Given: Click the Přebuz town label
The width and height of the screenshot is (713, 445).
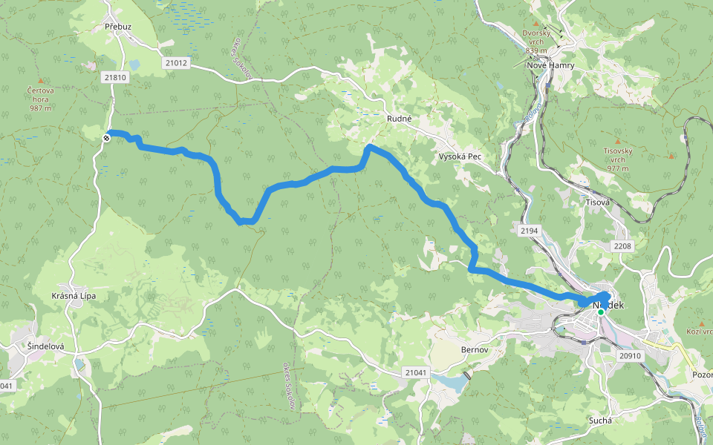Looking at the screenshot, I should point(118,27).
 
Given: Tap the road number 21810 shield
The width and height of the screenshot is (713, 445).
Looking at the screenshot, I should point(116,77).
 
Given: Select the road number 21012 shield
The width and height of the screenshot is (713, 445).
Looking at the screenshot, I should point(176,63).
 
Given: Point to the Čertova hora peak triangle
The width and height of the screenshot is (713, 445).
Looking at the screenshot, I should point(40,80).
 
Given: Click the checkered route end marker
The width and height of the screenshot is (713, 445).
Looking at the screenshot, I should point(108,136).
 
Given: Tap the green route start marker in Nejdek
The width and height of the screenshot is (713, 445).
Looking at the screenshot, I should point(601,312).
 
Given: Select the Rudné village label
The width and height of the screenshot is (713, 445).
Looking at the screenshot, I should point(399,118).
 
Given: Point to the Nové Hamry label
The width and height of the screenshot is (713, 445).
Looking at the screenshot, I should point(550,65).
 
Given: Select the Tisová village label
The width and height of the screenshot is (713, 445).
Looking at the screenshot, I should point(598,202).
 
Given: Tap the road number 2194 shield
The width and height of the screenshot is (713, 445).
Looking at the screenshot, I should point(529,231).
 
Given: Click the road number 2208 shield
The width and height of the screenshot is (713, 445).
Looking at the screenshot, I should point(622,245).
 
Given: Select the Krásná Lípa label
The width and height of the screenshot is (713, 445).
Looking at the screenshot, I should point(74,296).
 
